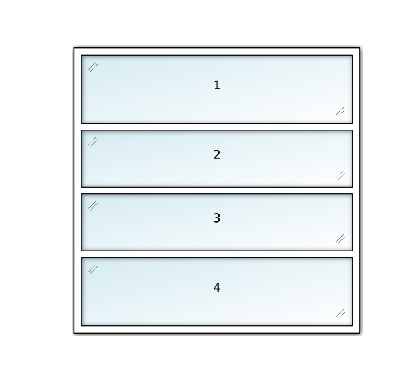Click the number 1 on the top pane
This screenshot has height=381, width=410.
point(217,86)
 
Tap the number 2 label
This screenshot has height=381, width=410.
point(217,155)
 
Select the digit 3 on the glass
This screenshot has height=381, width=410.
point(217,218)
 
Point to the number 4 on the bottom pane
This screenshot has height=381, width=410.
point(217,288)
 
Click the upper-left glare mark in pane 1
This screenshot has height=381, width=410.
point(93,67)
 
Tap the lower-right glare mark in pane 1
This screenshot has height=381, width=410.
point(340,112)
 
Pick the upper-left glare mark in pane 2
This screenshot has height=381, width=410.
point(93,142)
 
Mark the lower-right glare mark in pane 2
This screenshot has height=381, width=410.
point(340,175)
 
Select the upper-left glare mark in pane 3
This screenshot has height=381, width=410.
point(93,206)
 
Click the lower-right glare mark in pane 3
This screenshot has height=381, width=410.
point(340,239)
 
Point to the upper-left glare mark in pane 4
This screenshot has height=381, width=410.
point(93,269)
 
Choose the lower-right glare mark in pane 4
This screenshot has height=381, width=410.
point(340,314)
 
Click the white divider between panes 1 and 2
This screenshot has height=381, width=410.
point(217,127)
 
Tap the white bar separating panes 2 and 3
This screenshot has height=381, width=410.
point(217,191)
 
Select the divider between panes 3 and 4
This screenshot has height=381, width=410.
point(217,254)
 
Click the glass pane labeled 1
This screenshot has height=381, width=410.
point(217,89)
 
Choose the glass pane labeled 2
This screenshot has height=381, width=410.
point(217,159)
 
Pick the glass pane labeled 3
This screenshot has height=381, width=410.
point(217,222)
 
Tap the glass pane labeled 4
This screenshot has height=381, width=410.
point(217,292)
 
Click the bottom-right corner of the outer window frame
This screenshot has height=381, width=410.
point(360,334)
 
